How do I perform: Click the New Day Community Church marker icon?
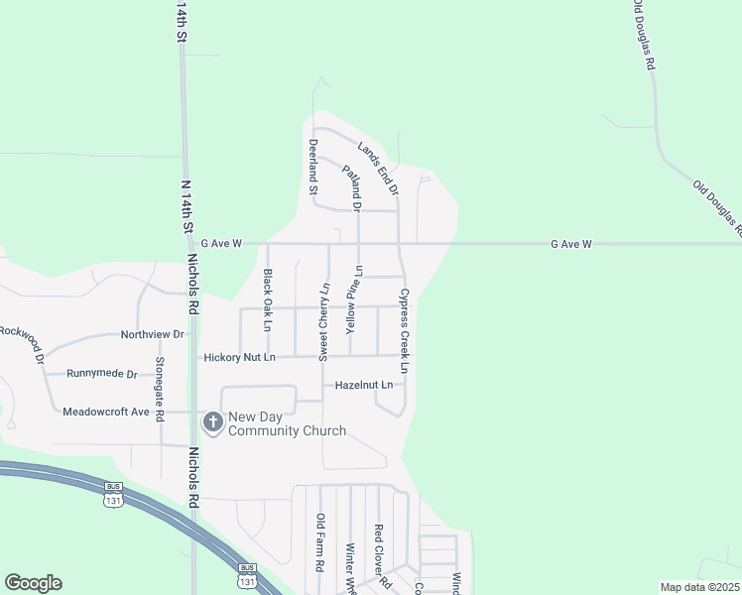(212, 423)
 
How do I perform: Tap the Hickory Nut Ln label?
(238, 357)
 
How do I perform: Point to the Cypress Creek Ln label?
(405, 330)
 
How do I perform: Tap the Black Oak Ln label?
(267, 299)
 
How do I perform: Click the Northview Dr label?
(153, 335)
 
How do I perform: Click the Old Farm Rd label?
(320, 542)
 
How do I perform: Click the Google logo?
(33, 583)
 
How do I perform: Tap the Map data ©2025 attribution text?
(699, 587)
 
